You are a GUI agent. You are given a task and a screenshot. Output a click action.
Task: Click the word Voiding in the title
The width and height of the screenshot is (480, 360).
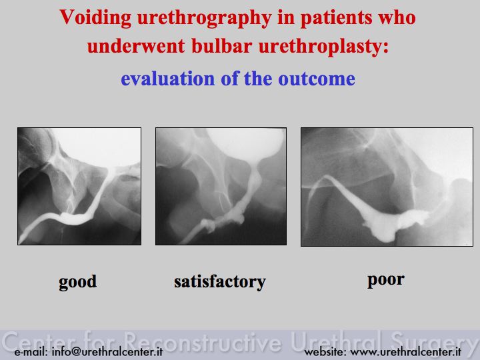[x=95, y=17]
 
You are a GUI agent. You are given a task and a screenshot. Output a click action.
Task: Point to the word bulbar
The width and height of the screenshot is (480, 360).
[x=221, y=46]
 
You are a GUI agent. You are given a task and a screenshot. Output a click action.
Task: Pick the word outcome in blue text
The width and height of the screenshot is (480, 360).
[x=317, y=79]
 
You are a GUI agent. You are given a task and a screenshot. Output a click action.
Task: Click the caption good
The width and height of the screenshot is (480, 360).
[x=78, y=281]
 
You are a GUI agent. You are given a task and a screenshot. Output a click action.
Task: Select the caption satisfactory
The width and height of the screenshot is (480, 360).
[x=220, y=281]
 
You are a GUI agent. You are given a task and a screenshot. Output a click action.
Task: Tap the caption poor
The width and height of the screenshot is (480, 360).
[x=386, y=280]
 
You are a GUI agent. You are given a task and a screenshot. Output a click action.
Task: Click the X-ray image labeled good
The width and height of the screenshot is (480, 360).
[x=79, y=186]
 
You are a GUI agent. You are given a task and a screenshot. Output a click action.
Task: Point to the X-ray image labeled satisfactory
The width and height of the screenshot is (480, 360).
[x=221, y=186]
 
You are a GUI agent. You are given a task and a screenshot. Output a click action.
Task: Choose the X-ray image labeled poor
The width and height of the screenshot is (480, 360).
[x=387, y=187]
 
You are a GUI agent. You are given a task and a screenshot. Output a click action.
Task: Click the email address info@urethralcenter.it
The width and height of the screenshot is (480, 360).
[x=107, y=352]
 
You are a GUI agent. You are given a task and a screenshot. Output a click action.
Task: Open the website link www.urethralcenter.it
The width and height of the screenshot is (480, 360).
[x=405, y=352]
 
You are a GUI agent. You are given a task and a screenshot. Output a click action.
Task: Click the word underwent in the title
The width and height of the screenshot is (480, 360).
[x=136, y=46]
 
